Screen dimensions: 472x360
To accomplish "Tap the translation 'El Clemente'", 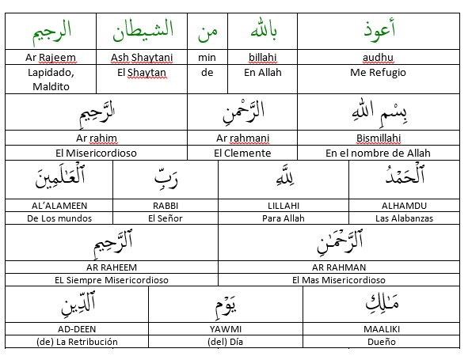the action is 243,153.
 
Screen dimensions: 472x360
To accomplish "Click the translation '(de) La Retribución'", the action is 77,342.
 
